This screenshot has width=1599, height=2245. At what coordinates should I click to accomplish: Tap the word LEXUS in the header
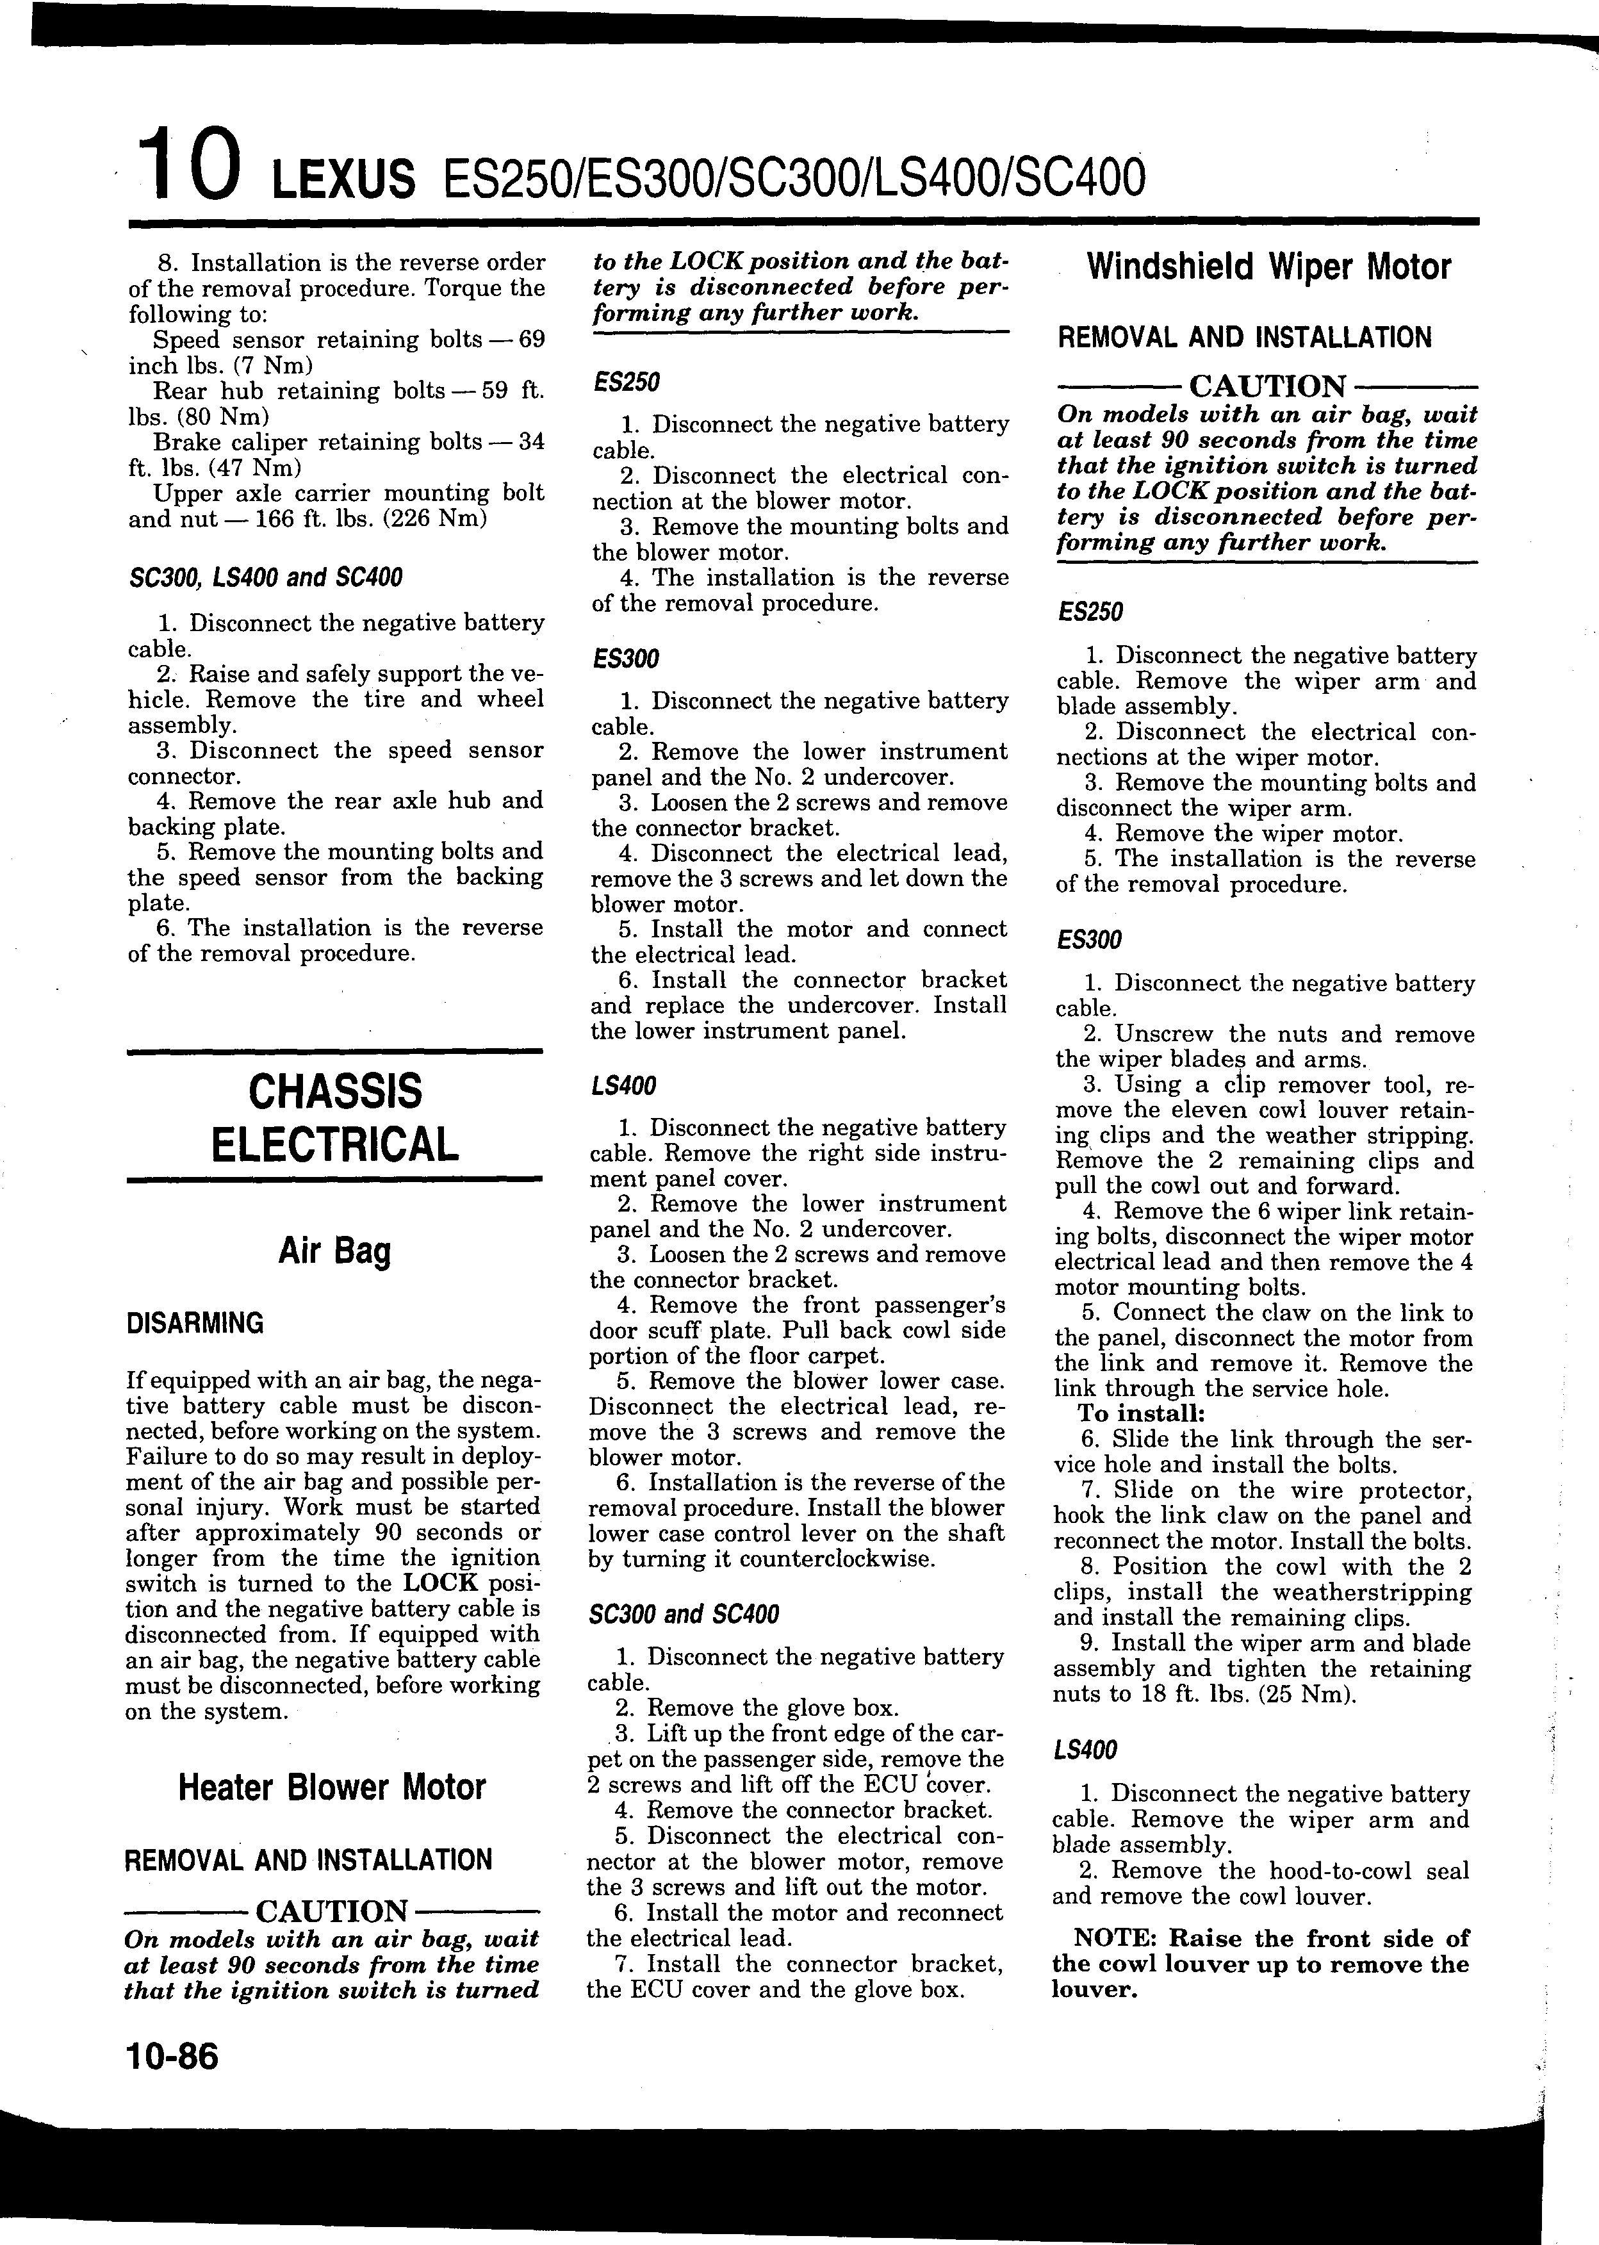(343, 180)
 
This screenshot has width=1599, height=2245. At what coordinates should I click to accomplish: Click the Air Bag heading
(335, 1251)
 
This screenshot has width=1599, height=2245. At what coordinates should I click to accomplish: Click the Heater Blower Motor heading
(332, 1787)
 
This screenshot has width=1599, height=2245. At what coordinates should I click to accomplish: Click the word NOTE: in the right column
(1117, 1939)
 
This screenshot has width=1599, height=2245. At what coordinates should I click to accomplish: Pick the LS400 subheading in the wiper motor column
(1085, 1750)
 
